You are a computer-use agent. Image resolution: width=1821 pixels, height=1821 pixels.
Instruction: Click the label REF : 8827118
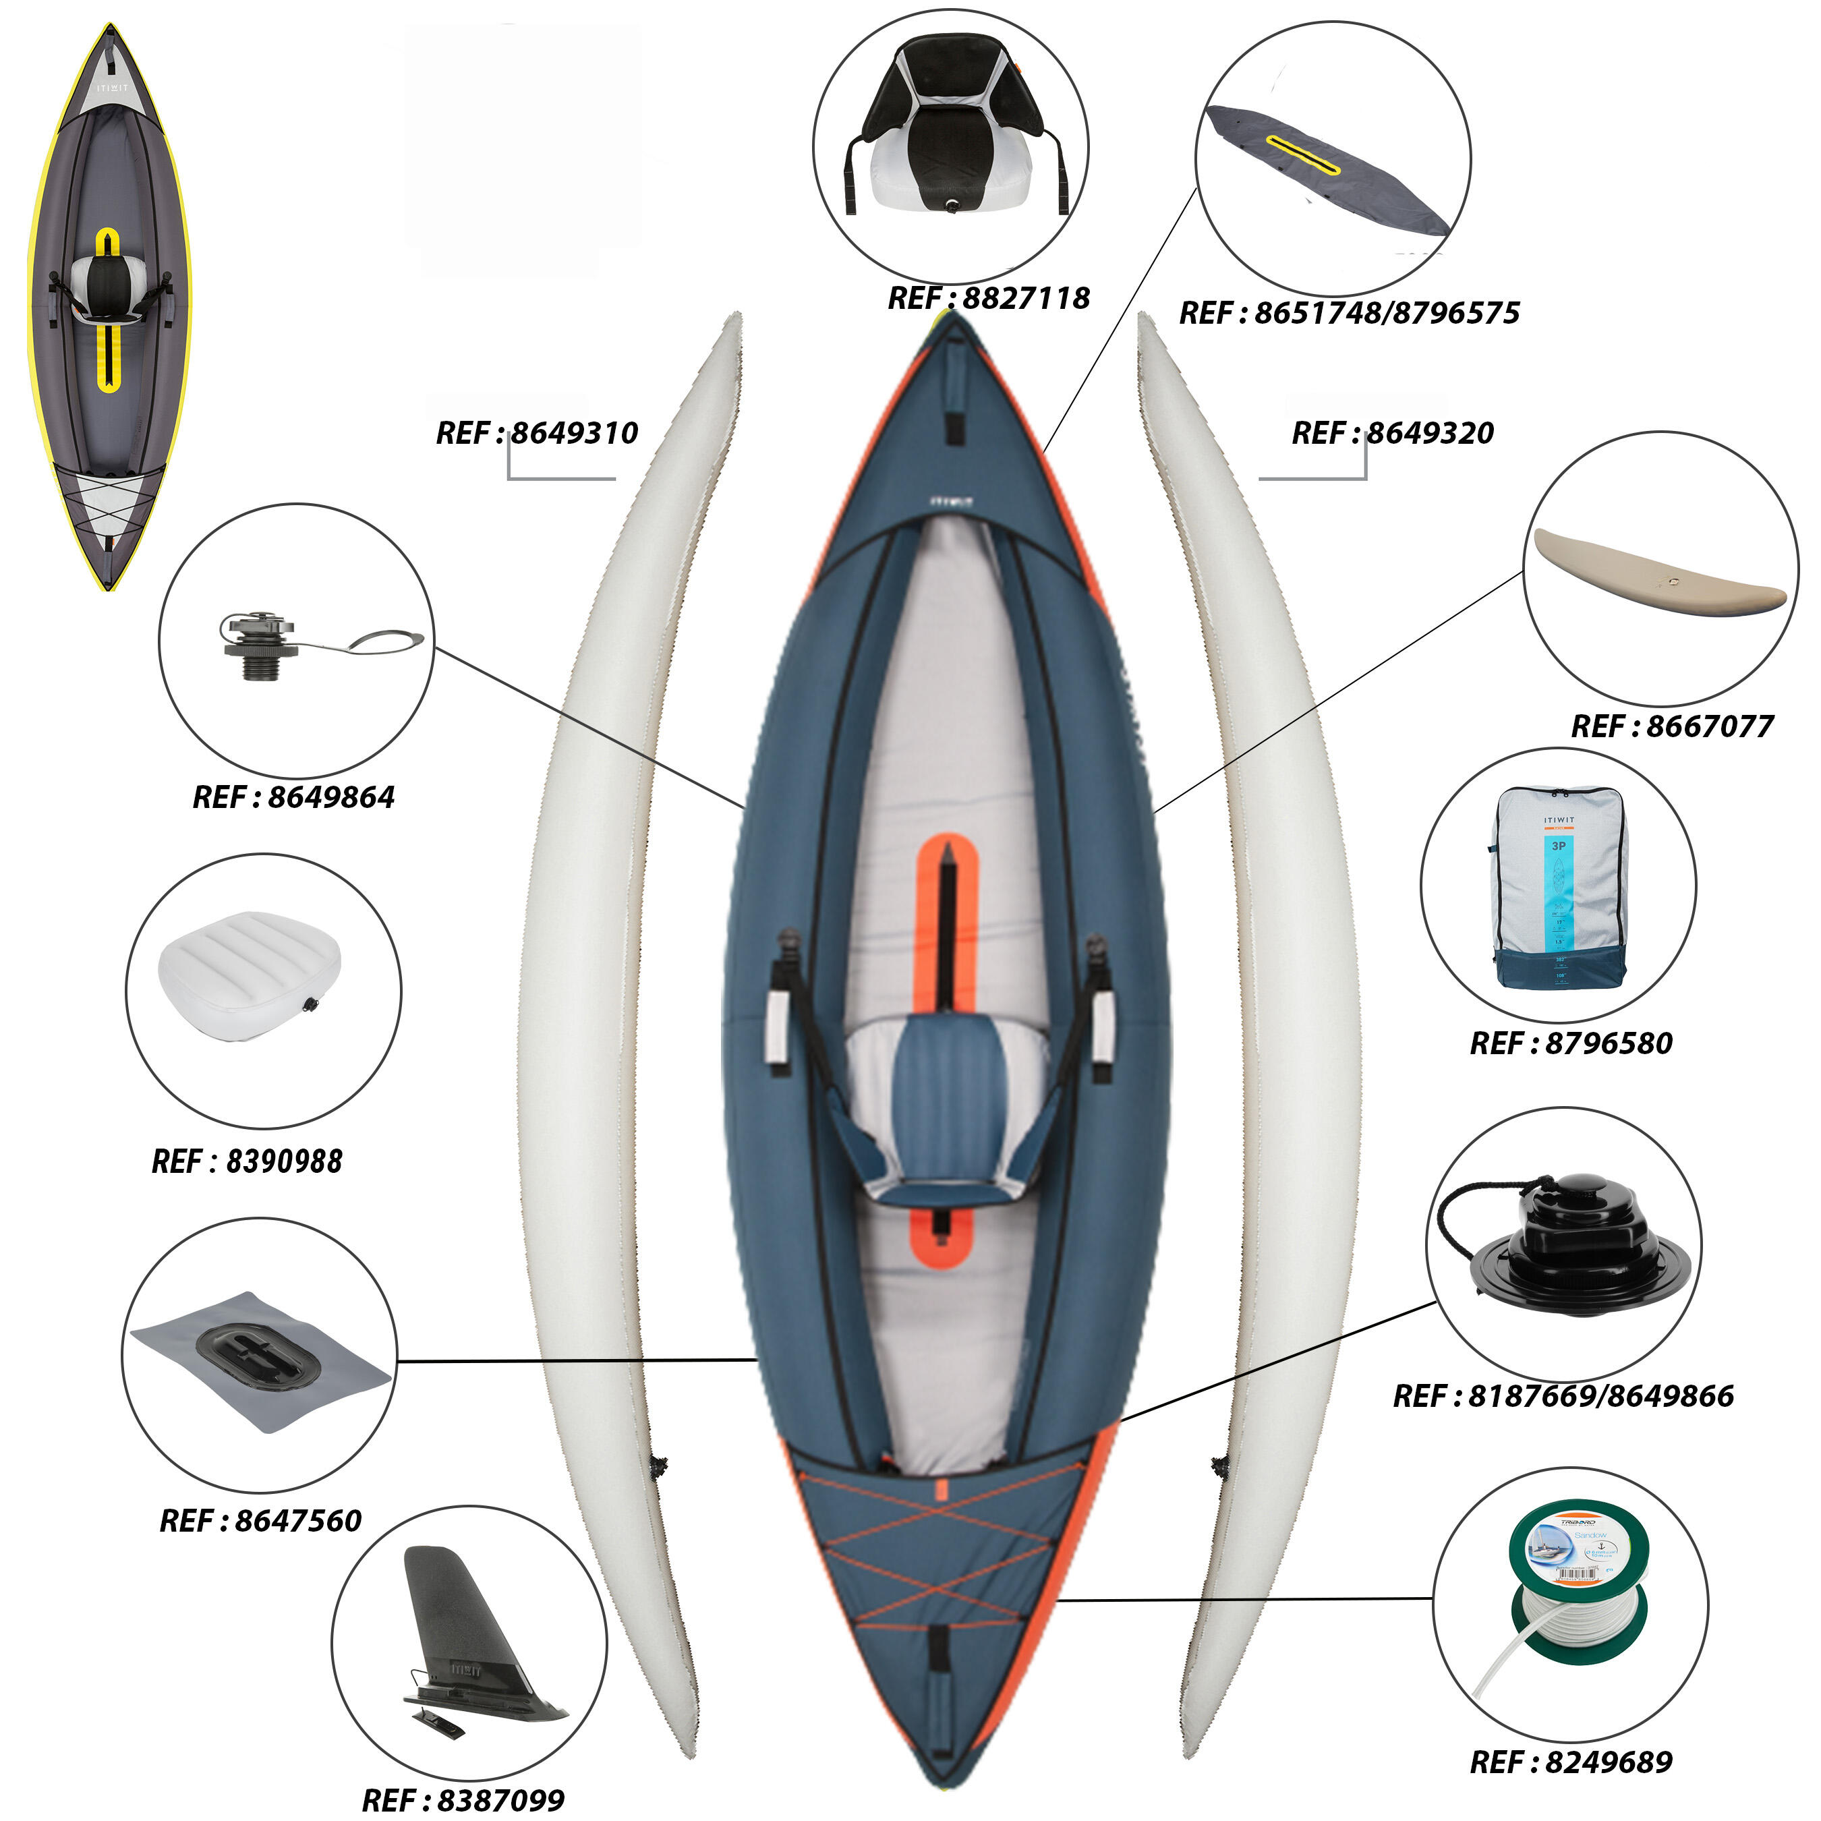tap(988, 299)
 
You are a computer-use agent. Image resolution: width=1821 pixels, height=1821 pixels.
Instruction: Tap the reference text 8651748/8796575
tap(1349, 313)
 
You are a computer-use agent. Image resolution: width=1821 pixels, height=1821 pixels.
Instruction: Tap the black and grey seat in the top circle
tap(952, 132)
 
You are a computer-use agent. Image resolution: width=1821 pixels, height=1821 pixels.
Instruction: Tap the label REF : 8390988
tap(247, 1161)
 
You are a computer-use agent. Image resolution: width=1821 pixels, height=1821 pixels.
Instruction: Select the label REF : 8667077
tap(1671, 726)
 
